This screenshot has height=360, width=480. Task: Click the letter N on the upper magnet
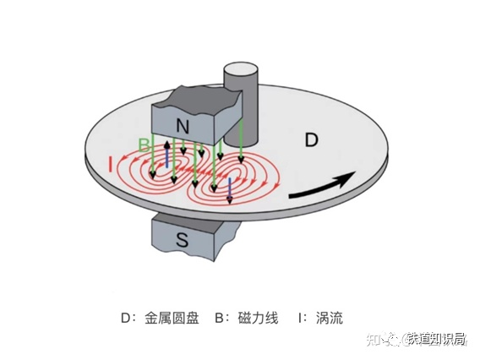(183, 126)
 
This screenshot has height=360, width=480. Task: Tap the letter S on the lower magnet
(183, 240)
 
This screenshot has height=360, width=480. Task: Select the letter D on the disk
(312, 140)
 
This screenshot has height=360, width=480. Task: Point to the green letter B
(144, 145)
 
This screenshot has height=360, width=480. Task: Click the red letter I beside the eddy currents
(111, 165)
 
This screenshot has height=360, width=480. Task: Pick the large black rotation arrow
(322, 186)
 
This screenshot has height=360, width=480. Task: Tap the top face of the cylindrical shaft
(240, 70)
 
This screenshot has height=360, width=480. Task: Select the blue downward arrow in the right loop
(230, 191)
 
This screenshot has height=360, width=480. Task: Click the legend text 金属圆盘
(172, 318)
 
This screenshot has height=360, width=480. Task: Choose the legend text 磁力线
(258, 318)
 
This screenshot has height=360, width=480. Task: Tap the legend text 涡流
(330, 318)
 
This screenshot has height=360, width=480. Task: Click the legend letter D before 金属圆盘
(127, 319)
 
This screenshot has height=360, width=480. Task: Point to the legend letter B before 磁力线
(220, 319)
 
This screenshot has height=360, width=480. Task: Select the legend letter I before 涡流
(300, 319)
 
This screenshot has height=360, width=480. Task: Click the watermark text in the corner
(417, 339)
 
